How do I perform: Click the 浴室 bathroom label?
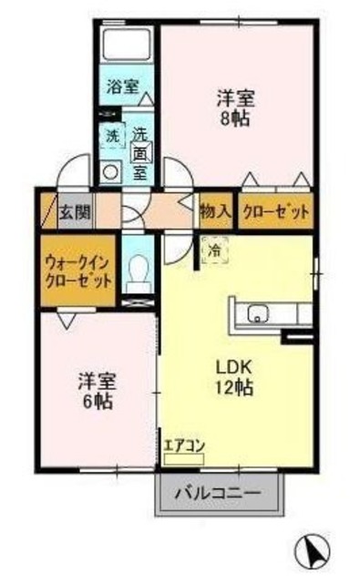122,88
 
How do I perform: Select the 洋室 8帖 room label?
235,106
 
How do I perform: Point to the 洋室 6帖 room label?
95,389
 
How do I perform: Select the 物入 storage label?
214,211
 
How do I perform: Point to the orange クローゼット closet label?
274,211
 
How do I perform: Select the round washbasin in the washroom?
111,170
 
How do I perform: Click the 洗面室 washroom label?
140,151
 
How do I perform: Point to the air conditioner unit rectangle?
185,460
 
